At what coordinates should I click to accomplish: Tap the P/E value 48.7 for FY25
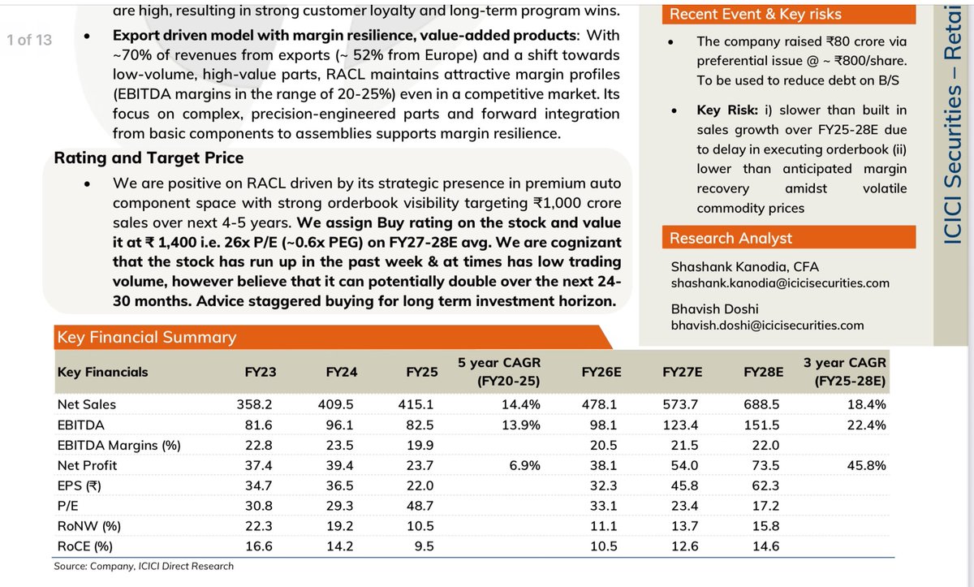tap(422, 506)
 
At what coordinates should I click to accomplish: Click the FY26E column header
tap(601, 372)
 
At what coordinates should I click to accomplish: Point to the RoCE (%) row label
tap(84, 546)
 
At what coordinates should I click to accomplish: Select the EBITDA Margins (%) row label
tap(119, 445)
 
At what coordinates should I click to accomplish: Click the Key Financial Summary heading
tap(145, 338)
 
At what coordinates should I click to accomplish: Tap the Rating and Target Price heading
tap(149, 158)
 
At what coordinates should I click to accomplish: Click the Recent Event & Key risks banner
tap(755, 14)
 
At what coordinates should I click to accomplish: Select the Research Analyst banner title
tap(730, 238)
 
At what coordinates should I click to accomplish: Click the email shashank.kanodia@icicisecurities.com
tap(780, 283)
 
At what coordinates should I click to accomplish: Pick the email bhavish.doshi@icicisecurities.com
tap(767, 326)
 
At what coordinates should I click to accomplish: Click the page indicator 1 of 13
tap(29, 39)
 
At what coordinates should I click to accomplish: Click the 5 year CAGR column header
tap(499, 372)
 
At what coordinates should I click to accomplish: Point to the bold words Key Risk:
tap(727, 110)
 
